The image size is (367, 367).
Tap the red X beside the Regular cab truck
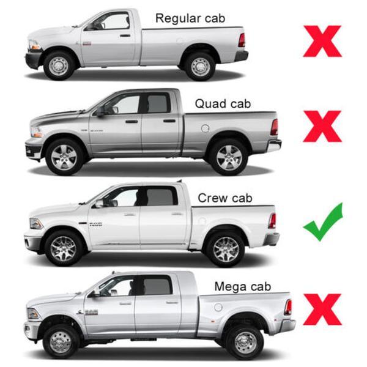click(x=322, y=41)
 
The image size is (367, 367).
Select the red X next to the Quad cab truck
click(x=322, y=127)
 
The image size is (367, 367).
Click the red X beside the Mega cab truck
click(x=322, y=310)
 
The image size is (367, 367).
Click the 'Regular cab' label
click(x=190, y=19)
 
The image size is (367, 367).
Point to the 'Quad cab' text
click(x=223, y=104)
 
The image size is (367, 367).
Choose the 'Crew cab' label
click(x=225, y=198)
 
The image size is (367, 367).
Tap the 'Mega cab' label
click(x=243, y=287)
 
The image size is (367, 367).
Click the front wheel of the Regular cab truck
click(x=59, y=66)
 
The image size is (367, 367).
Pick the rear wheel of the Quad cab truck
click(x=229, y=157)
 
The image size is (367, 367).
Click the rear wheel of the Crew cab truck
click(x=226, y=250)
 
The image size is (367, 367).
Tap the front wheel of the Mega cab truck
click(x=61, y=342)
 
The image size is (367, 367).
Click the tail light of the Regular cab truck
click(x=242, y=40)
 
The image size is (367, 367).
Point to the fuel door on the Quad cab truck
click(x=206, y=128)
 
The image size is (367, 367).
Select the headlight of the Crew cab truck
click(x=36, y=223)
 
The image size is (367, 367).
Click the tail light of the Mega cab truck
click(x=288, y=307)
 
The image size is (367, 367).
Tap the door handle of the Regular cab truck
click(x=125, y=35)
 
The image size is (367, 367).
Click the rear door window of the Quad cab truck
click(x=157, y=104)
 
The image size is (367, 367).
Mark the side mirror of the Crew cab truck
click(x=100, y=204)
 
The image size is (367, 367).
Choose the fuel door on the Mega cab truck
click(x=218, y=307)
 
